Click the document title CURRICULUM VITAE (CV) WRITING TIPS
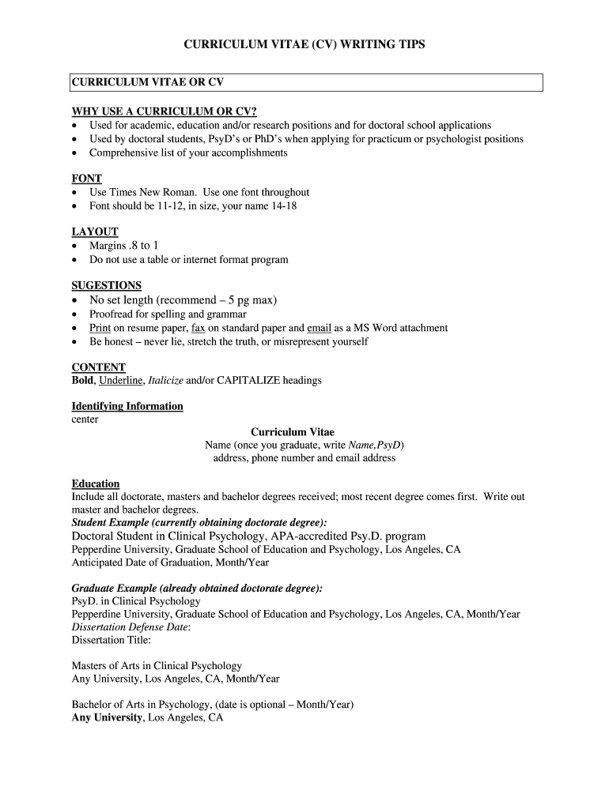(x=304, y=45)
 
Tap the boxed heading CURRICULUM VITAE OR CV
(x=153, y=82)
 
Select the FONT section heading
(x=86, y=179)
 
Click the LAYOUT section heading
(x=95, y=231)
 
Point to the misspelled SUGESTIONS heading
(x=107, y=285)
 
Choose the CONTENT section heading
(x=99, y=367)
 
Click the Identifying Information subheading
(x=127, y=406)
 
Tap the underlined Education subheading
(x=96, y=484)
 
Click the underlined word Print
(x=100, y=328)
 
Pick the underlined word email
(x=319, y=328)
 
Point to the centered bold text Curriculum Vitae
(x=293, y=432)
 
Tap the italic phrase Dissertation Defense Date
(x=130, y=627)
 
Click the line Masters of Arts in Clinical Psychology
(x=157, y=666)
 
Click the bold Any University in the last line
(x=108, y=718)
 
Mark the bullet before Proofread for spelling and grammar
(x=75, y=314)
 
